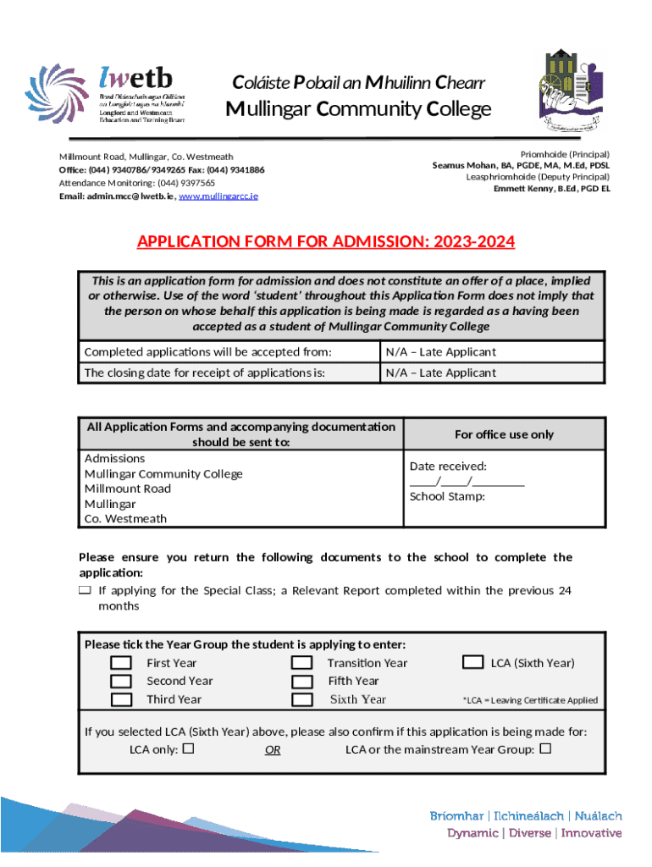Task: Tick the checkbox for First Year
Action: [x=122, y=663]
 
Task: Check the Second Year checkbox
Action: [x=122, y=681]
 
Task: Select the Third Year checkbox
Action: [x=122, y=699]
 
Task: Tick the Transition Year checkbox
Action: [x=301, y=663]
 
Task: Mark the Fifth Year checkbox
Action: [x=301, y=681]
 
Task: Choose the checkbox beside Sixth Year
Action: [x=301, y=699]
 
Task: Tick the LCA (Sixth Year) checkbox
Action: [x=473, y=662]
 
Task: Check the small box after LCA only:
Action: [x=188, y=748]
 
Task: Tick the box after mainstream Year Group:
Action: [x=544, y=748]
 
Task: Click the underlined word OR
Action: [x=272, y=750]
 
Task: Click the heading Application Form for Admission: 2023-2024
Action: [x=326, y=242]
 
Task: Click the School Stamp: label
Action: [x=447, y=496]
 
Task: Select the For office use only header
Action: [x=504, y=434]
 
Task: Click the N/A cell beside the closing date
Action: [x=441, y=373]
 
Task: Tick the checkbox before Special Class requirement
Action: [x=85, y=590]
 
